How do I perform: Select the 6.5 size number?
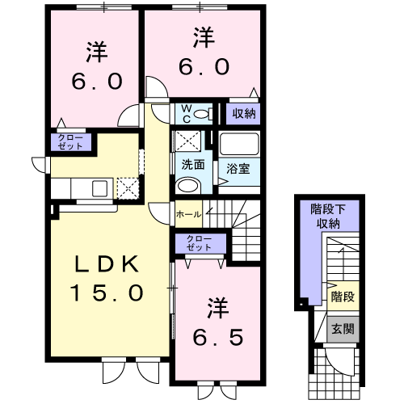215,335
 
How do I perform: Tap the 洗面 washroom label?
192,164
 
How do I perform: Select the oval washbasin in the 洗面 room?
186,186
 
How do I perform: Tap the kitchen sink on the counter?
100,188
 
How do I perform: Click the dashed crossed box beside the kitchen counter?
128,188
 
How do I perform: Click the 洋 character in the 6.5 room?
215,309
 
